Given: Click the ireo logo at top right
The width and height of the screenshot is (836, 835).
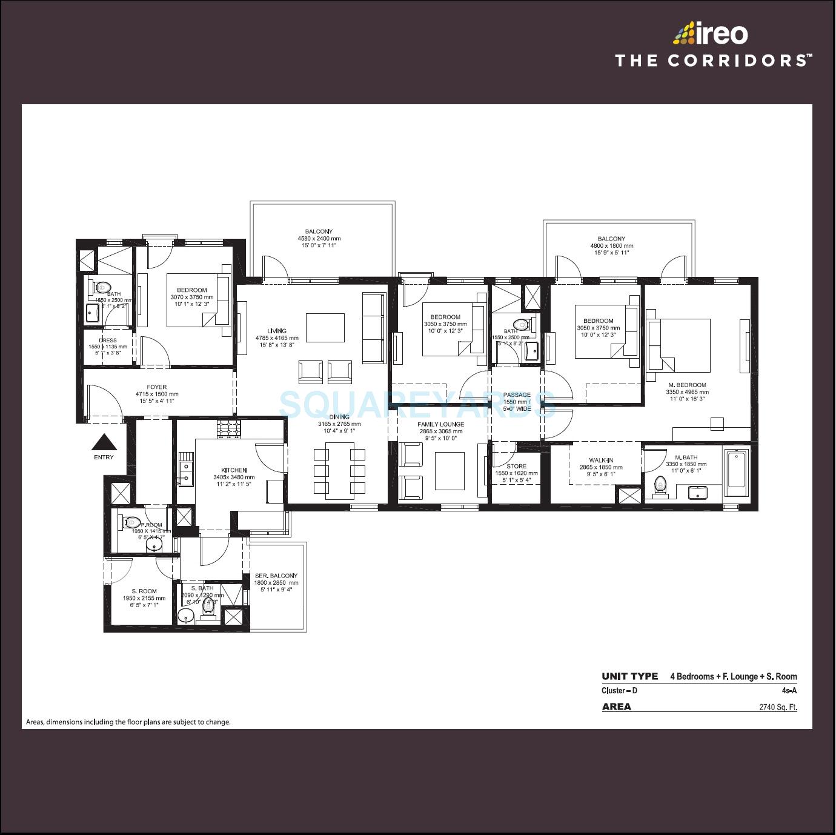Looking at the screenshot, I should coord(711,34).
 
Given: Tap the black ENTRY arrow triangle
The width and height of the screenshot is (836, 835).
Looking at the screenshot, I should coord(104,442).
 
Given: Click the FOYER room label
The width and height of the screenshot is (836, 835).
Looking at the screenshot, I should coord(156,387).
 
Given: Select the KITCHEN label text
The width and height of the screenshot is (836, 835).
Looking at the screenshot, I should coord(234,470).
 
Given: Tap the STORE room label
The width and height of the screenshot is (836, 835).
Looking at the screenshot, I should coord(516,466).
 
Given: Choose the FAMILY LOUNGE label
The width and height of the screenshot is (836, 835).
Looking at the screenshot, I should coord(440,424).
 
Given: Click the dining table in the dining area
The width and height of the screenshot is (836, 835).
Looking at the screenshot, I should coord(340,471).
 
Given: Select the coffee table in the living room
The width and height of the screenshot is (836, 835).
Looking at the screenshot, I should coord(325,328).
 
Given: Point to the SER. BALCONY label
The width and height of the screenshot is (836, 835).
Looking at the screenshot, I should coord(276,576).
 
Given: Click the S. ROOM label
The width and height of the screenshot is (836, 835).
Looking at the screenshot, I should coord(144,591).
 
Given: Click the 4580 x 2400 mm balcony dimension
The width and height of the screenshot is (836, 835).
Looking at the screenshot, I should coord(319,239).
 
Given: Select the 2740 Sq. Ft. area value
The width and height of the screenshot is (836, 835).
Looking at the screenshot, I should coord(778,707).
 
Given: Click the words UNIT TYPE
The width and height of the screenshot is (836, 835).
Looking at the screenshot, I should coord(629,676).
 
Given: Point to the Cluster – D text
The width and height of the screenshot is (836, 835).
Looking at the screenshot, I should coord(619,691).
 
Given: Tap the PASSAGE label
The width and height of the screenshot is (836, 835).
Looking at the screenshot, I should coord(516,395).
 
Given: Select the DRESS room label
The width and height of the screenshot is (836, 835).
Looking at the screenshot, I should coord(108,341).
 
